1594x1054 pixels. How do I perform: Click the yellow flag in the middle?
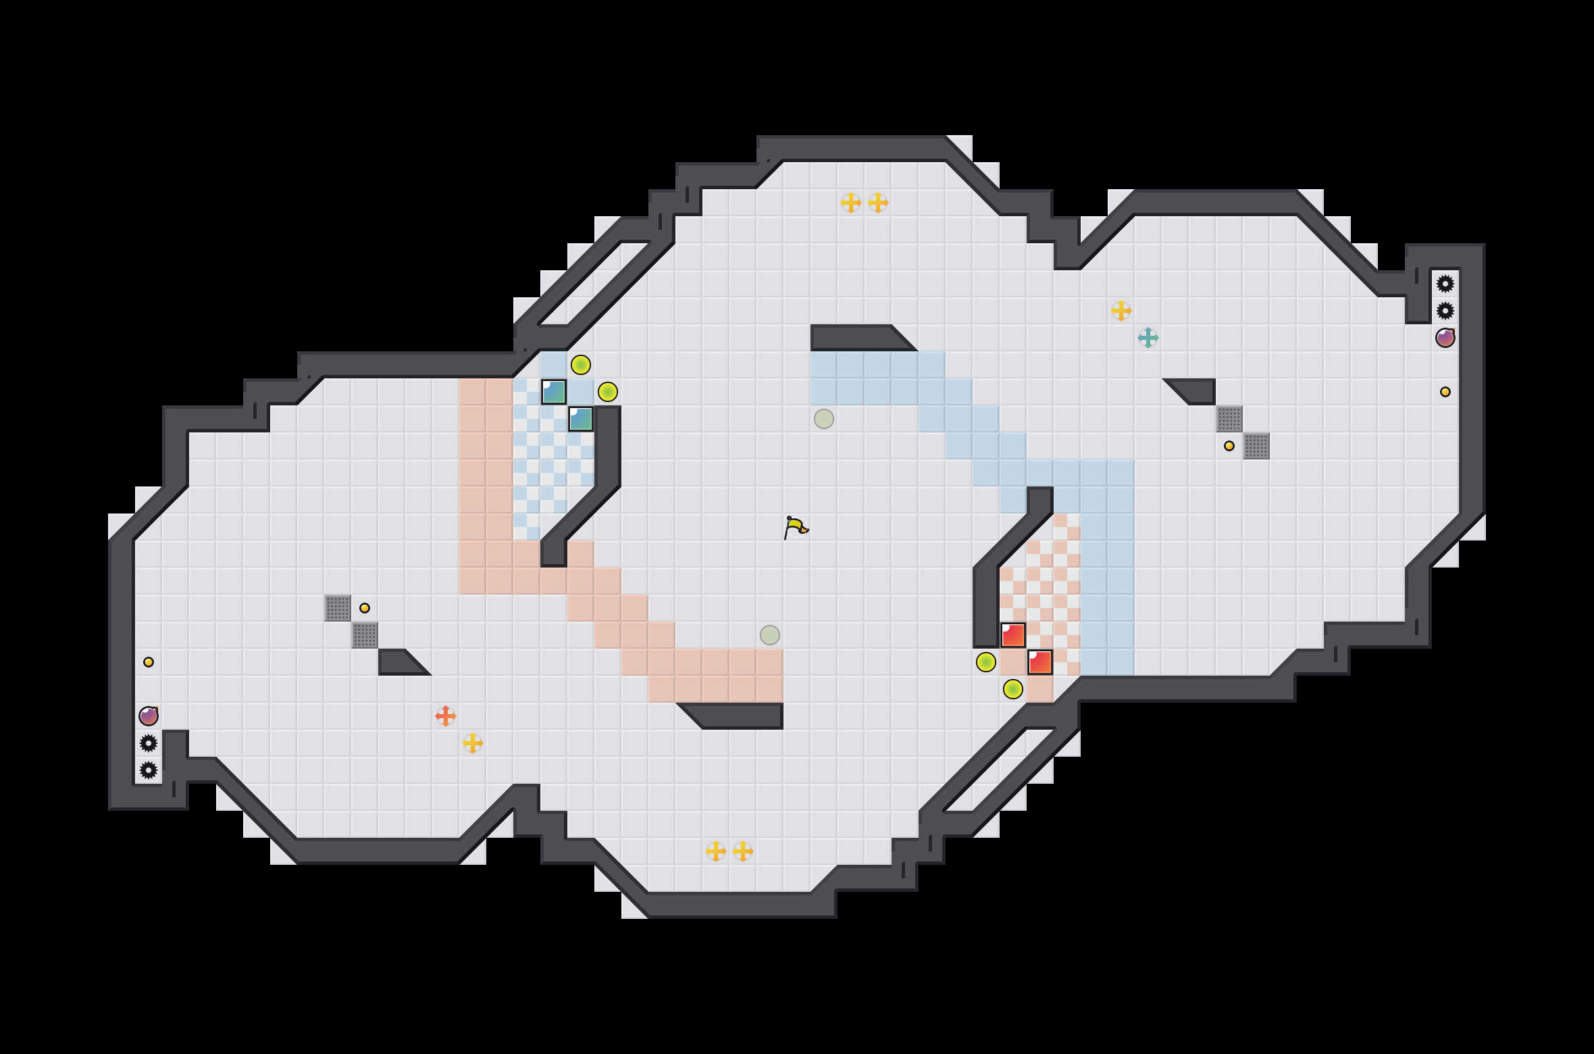point(796,527)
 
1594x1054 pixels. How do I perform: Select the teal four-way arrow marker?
point(1148,337)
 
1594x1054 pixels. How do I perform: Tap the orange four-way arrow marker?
point(445,716)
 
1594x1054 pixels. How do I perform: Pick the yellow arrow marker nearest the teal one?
point(1121,310)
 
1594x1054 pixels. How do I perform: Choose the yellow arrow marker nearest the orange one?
point(472,743)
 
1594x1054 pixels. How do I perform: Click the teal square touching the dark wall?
point(581,419)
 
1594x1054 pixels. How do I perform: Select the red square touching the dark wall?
point(1012,635)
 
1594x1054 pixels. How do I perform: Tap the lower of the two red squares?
point(1039,662)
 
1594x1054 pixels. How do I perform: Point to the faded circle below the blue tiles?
point(823,419)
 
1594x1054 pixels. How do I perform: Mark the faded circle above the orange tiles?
point(769,635)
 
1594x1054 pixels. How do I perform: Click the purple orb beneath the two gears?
point(1445,337)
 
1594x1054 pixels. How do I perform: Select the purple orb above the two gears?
point(149,716)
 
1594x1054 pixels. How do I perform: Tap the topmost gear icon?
point(1445,284)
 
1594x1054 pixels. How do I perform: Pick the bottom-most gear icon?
point(149,770)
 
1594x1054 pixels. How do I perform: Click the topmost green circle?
point(580,365)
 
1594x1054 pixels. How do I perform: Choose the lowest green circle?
point(1012,689)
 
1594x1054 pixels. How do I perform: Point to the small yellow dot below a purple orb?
point(1445,392)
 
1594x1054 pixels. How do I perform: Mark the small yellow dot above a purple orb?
point(149,662)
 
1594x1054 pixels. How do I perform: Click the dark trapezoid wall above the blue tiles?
point(858,337)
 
